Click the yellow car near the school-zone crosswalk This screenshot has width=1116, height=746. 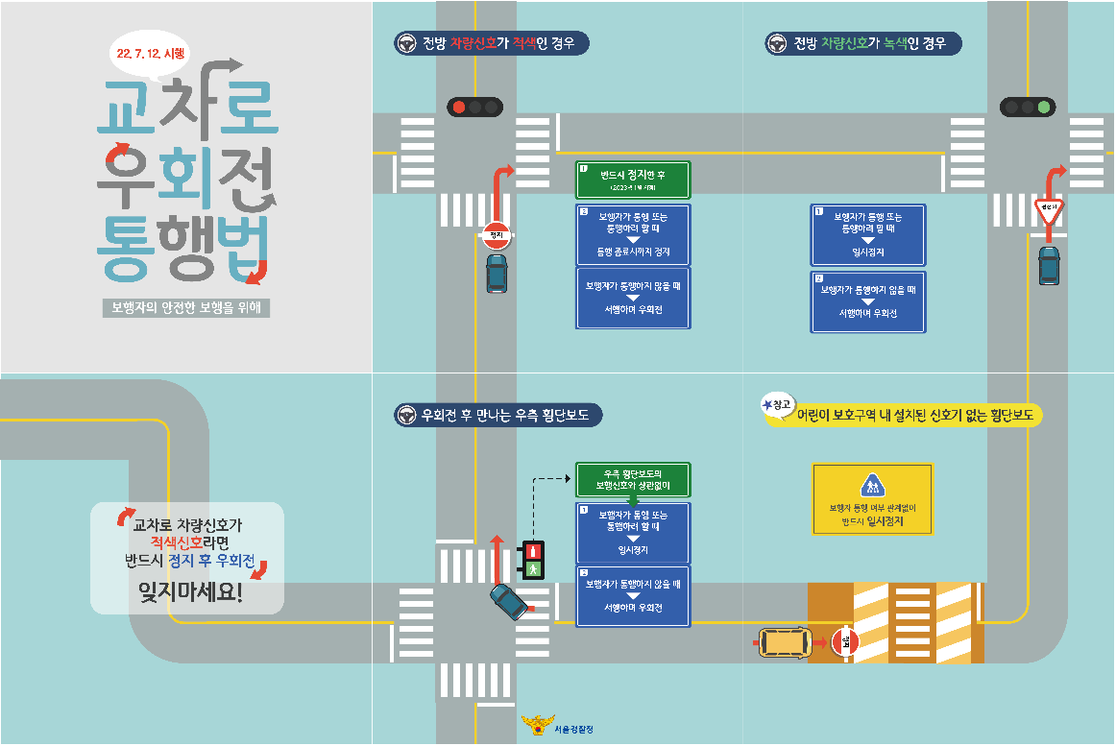(x=784, y=642)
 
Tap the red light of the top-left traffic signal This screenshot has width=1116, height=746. (x=458, y=107)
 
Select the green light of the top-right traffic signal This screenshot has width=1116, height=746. (x=1043, y=107)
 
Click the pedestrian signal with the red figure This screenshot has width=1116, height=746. (x=532, y=551)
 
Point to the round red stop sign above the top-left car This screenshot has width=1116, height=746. (x=496, y=234)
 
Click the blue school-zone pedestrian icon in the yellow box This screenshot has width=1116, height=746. (x=871, y=486)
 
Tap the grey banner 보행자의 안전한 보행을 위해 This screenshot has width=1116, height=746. (x=187, y=308)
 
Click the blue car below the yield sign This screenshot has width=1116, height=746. (x=1049, y=265)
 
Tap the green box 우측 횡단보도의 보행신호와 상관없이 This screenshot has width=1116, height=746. (x=633, y=479)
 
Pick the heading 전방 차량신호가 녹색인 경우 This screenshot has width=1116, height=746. (x=863, y=44)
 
